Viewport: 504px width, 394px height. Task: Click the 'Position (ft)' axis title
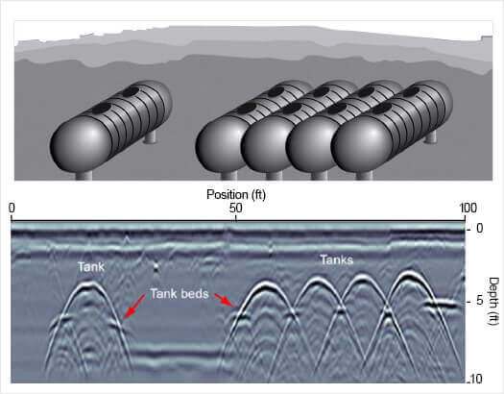click(x=236, y=195)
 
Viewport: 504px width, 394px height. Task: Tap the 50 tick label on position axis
click(x=236, y=209)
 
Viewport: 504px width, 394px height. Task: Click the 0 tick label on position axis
click(x=12, y=209)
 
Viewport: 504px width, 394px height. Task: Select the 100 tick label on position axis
click(x=468, y=209)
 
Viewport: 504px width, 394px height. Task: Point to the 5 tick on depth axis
click(x=480, y=301)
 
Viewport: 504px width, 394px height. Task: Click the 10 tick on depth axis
click(x=476, y=379)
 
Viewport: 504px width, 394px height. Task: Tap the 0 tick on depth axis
click(x=480, y=228)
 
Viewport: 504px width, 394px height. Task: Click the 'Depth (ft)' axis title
click(x=493, y=302)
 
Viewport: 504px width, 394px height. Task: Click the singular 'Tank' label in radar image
click(x=91, y=266)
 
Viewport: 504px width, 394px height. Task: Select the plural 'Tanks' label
click(x=337, y=259)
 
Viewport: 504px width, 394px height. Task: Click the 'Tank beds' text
click(x=180, y=294)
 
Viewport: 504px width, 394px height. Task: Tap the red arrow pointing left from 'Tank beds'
click(x=134, y=307)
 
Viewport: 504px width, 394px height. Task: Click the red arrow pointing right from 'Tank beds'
click(x=226, y=300)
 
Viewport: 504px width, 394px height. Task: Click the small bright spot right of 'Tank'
click(x=156, y=266)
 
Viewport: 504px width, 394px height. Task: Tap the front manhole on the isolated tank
click(x=101, y=109)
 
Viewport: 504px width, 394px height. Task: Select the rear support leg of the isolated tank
click(x=150, y=136)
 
